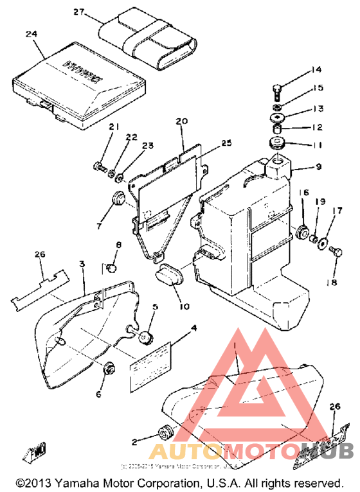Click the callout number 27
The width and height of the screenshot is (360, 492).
click(78, 12)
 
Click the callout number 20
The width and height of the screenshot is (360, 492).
click(181, 121)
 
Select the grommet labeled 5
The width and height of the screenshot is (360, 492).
click(145, 336)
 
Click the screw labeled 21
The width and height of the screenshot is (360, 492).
click(100, 168)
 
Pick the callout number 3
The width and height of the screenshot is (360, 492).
click(82, 265)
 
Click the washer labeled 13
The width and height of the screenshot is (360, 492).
click(280, 119)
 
